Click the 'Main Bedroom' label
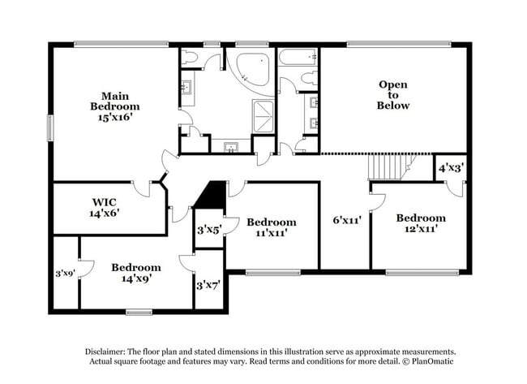pos(114,106)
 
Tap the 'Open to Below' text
pos(392,95)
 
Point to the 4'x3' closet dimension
pos(451,168)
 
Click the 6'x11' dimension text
pos(346,218)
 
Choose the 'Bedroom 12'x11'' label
pos(420,223)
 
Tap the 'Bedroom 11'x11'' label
pos(272,227)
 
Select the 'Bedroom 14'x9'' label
pos(135,273)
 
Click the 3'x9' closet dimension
pos(64,274)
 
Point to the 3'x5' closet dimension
pos(208,230)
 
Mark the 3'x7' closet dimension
pos(208,285)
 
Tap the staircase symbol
pos(387,168)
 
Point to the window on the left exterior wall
pos(49,128)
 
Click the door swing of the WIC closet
pos(145,189)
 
